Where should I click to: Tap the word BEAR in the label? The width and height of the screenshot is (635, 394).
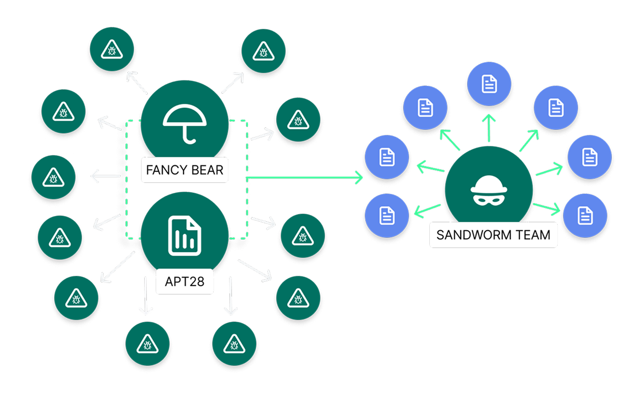point(205,170)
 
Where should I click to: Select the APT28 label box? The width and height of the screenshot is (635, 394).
point(184,282)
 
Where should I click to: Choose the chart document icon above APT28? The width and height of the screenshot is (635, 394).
point(184,234)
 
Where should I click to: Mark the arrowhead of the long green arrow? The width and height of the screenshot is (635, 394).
point(359,178)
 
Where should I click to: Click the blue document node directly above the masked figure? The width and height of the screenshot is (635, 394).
point(489,82)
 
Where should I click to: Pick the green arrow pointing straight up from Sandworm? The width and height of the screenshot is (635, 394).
point(489,126)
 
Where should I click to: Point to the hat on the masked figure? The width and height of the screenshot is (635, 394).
point(489,185)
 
